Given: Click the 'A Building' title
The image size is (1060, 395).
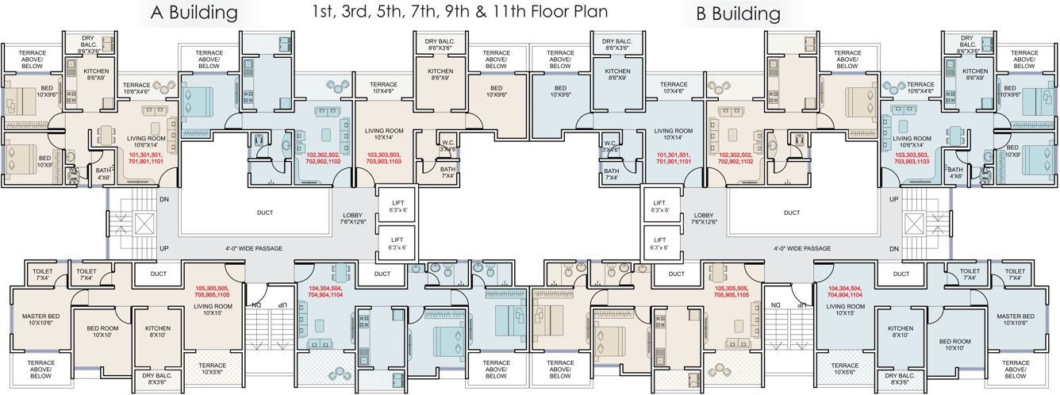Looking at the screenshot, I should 194,13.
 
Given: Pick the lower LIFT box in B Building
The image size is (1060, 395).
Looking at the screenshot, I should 660,244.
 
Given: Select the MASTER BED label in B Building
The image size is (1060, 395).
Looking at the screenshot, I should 1018,320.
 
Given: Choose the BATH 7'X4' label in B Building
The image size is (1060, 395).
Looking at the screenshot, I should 611,174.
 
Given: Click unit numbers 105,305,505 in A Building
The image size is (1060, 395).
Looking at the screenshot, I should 213,290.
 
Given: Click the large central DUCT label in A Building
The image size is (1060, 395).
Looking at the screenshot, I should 266,213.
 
